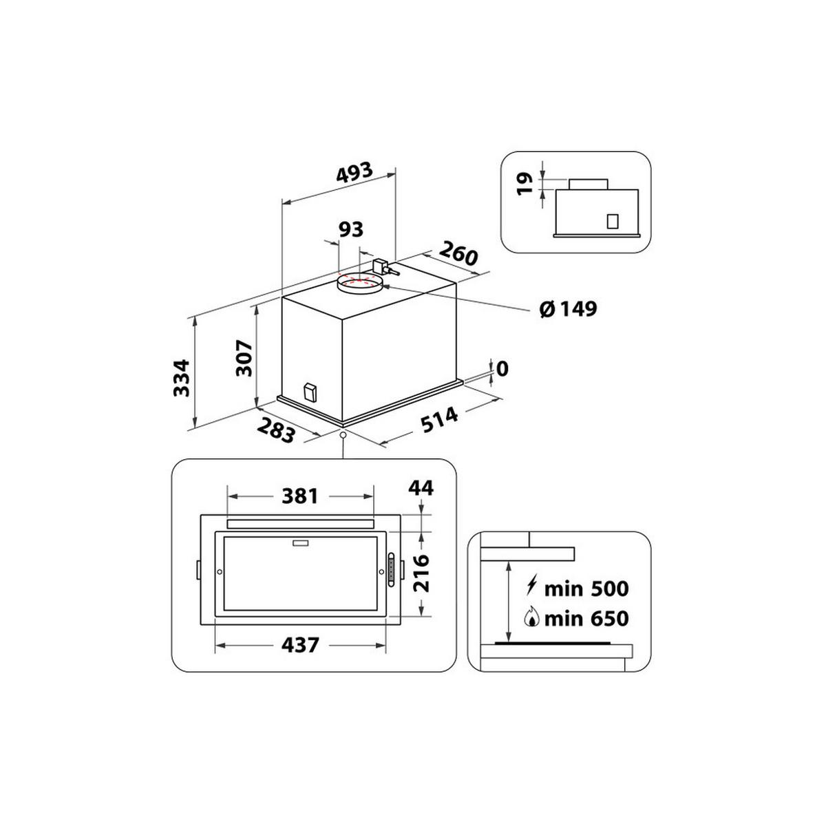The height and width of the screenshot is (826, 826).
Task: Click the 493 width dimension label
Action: tap(354, 173)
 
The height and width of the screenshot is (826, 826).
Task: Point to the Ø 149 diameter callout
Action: tap(569, 309)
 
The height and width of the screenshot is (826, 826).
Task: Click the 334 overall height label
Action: tap(180, 377)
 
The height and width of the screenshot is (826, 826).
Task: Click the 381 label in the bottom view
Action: tap(300, 496)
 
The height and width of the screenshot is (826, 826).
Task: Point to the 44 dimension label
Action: tap(421, 488)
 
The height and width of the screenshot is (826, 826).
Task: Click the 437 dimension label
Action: tap(300, 645)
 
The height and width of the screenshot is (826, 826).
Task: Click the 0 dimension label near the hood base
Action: tap(502, 370)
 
